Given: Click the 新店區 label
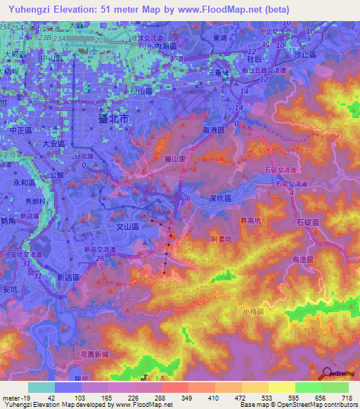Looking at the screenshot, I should tap(70, 278).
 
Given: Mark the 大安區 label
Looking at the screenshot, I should tap(53, 143).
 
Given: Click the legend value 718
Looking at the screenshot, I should tap(346, 398).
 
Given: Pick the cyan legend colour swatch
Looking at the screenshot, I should tap(41, 387).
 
